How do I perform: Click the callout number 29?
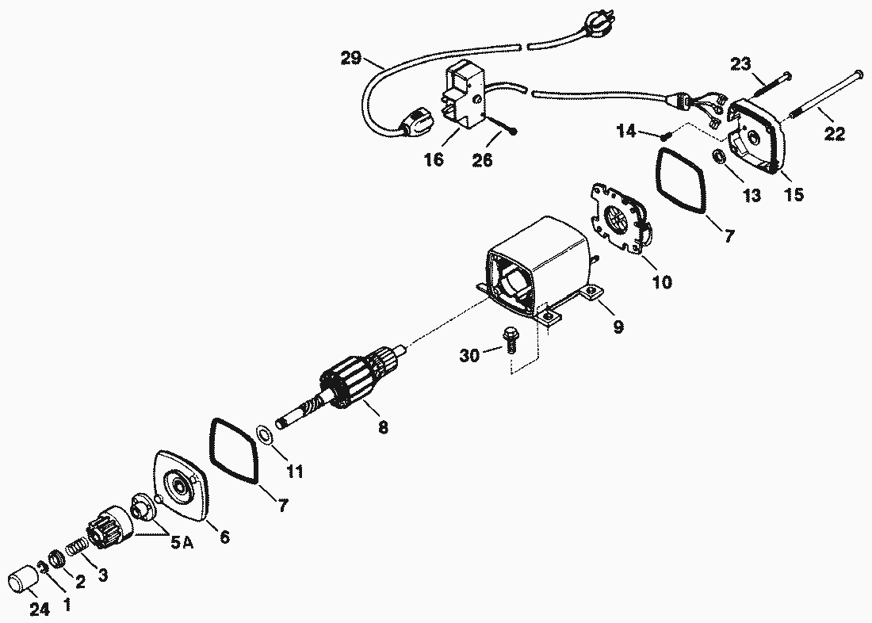[x=351, y=58]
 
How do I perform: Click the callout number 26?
[x=482, y=161]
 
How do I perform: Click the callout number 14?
[x=627, y=132]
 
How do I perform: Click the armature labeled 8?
[x=353, y=384]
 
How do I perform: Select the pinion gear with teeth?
[x=105, y=529]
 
